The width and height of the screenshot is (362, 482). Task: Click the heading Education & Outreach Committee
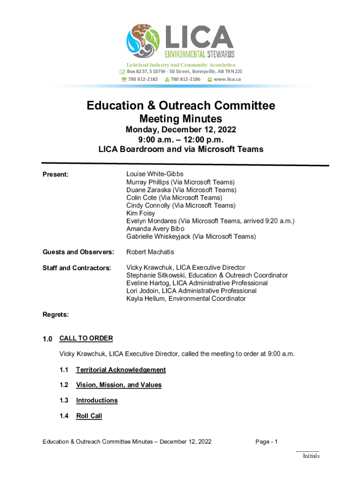coord(181,106)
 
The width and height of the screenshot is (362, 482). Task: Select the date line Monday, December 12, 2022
coord(181,129)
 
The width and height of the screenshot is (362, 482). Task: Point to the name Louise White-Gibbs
coord(155,174)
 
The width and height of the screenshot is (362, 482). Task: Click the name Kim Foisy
coord(141,213)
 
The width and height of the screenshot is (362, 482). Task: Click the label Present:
coord(55,175)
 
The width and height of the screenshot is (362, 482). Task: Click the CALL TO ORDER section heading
coord(86,338)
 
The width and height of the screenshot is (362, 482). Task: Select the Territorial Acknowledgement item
coord(121,370)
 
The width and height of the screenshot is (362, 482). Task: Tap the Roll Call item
coord(89,416)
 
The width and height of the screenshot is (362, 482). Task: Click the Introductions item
coord(97,401)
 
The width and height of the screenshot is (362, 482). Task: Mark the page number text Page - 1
coord(267,442)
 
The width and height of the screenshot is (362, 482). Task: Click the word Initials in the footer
coord(311,456)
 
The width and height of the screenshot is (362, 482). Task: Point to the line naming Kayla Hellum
coord(186,299)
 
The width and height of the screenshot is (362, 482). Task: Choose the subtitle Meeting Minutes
coord(181,119)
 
